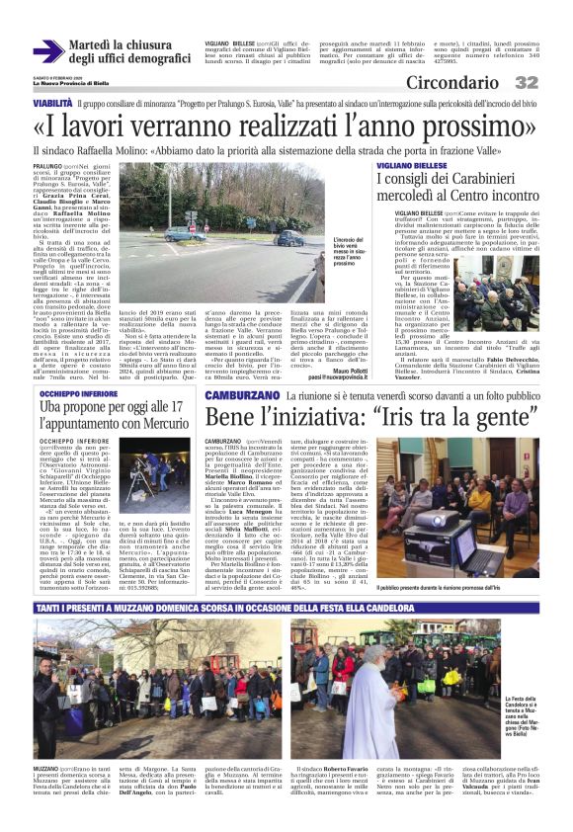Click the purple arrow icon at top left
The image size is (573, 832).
[47, 51]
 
